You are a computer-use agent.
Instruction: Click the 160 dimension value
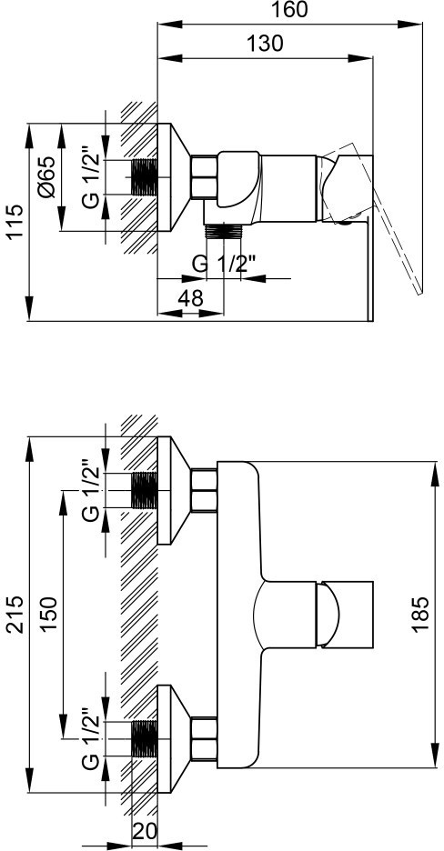click(x=289, y=9)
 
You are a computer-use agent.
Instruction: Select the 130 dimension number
click(x=266, y=43)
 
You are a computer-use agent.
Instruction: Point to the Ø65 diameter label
click(x=46, y=176)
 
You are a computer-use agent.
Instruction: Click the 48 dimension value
click(x=190, y=298)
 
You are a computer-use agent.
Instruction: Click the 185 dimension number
click(x=420, y=615)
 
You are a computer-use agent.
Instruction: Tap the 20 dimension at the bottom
click(x=144, y=830)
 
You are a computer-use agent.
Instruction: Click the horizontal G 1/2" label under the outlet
click(x=224, y=265)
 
